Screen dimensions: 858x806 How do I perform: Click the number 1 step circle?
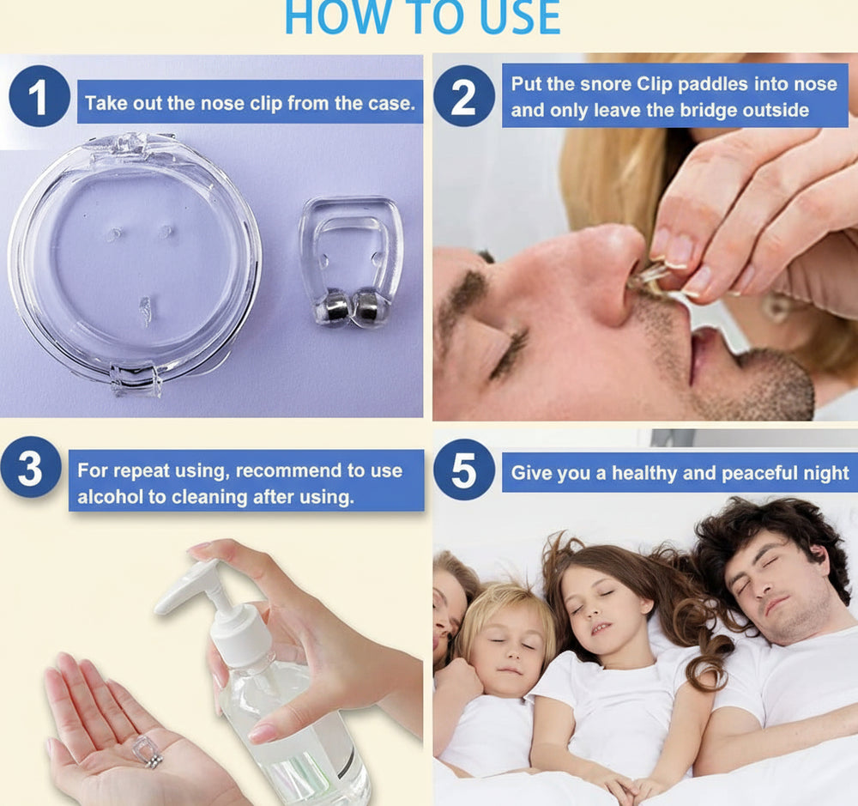tap(39, 96)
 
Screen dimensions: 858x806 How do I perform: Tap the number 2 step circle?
tap(464, 96)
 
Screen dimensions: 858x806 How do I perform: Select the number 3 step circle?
tap(31, 467)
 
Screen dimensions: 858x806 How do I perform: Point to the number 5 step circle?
tap(464, 470)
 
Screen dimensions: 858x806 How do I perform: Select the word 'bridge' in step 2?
tap(707, 111)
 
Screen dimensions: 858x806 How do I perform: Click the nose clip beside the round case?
tap(351, 263)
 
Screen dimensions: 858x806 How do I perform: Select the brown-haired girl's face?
tap(603, 618)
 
